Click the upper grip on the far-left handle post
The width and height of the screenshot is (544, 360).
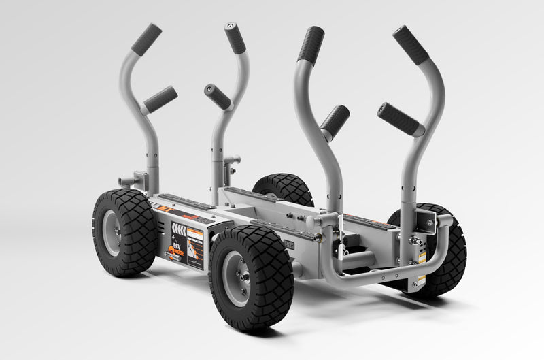146,39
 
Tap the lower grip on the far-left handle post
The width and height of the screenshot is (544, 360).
160,99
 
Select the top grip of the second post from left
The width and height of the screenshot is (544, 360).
235,39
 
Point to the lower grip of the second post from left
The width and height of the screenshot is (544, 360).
218,97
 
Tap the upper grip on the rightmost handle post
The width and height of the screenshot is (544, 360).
411,45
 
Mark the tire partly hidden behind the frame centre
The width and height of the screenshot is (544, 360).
282,188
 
